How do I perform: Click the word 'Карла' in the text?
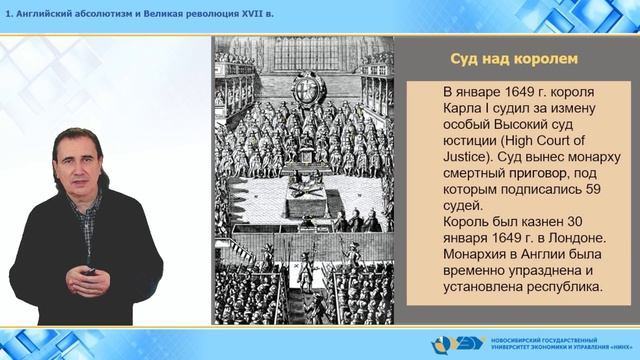click(x=465, y=108)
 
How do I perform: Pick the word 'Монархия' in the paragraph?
click(x=482, y=254)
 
